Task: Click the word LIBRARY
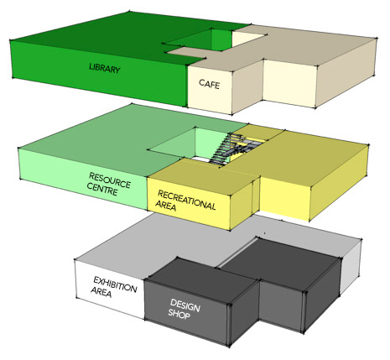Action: tap(105, 68)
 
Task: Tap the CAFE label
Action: tap(210, 84)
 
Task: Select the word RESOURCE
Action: tap(110, 180)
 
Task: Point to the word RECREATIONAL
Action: tap(187, 200)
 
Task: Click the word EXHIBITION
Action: tap(115, 284)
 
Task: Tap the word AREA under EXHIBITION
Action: tap(101, 292)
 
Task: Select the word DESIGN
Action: tap(185, 305)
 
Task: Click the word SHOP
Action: tap(179, 313)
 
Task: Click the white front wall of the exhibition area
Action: tap(110, 288)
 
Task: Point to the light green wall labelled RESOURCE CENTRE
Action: tap(83, 179)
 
